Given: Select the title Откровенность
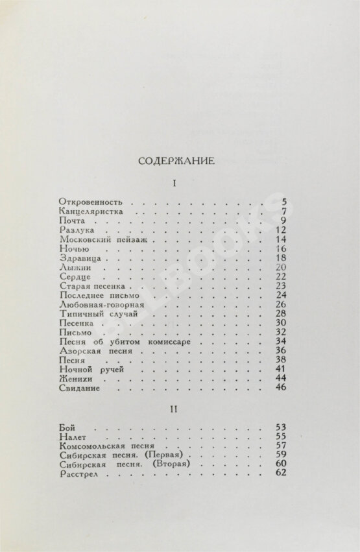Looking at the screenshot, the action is [90, 202].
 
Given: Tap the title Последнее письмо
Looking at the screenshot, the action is [95, 295].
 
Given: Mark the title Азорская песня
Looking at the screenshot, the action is [92, 350].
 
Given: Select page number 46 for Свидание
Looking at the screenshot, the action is [280, 387].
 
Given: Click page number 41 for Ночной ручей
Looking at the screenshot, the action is [280, 369].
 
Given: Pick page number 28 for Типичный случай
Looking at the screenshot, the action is [280, 313].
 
